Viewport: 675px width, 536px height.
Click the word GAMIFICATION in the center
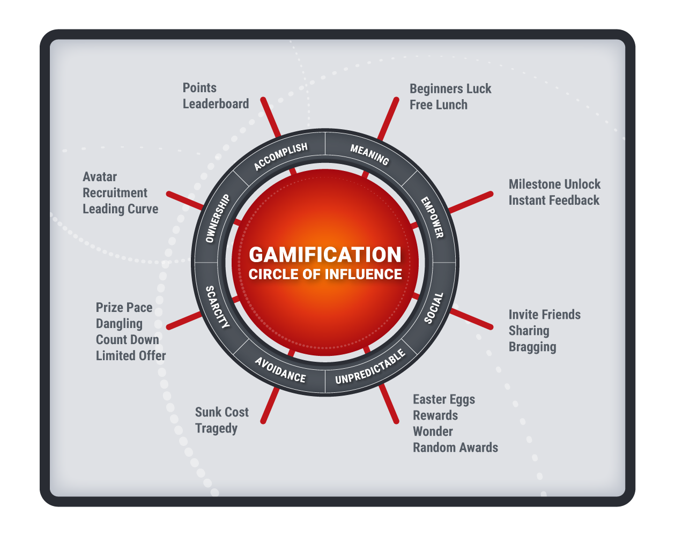click(x=325, y=255)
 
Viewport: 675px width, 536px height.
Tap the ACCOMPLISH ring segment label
click(x=281, y=157)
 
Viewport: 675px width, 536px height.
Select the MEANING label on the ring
click(x=370, y=154)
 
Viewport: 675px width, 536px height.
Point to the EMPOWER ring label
click(x=432, y=217)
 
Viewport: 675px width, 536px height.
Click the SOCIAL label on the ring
click(x=434, y=308)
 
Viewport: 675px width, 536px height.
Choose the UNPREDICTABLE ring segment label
click(x=370, y=366)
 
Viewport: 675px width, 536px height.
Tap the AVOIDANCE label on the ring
click(x=280, y=370)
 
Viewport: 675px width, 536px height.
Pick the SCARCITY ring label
click(x=217, y=307)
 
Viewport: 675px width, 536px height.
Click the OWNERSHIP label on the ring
click(x=218, y=218)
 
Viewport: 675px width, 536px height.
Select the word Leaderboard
click(x=216, y=104)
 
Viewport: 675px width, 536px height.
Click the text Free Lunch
click(x=439, y=105)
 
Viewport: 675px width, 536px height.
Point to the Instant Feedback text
click(x=554, y=200)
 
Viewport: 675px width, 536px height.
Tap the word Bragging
click(x=532, y=347)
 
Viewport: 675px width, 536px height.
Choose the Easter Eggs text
click(x=444, y=400)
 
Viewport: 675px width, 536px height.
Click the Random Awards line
click(x=455, y=448)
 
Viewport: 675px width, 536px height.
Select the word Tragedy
click(x=216, y=428)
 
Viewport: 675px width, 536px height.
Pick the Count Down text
click(x=128, y=340)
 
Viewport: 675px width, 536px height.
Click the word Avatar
click(x=100, y=177)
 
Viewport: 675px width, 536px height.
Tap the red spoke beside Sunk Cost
click(x=270, y=405)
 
